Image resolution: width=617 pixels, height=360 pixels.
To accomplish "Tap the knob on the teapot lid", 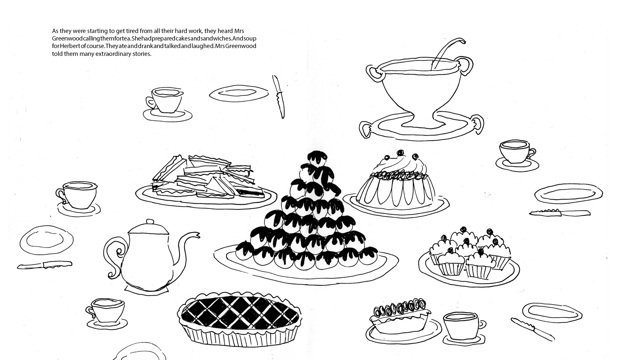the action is pyautogui.click(x=149, y=222).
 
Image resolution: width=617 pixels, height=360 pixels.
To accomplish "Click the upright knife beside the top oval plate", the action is pyautogui.click(x=278, y=97).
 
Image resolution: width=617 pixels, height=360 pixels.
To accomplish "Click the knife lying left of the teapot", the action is pyautogui.click(x=45, y=265).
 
